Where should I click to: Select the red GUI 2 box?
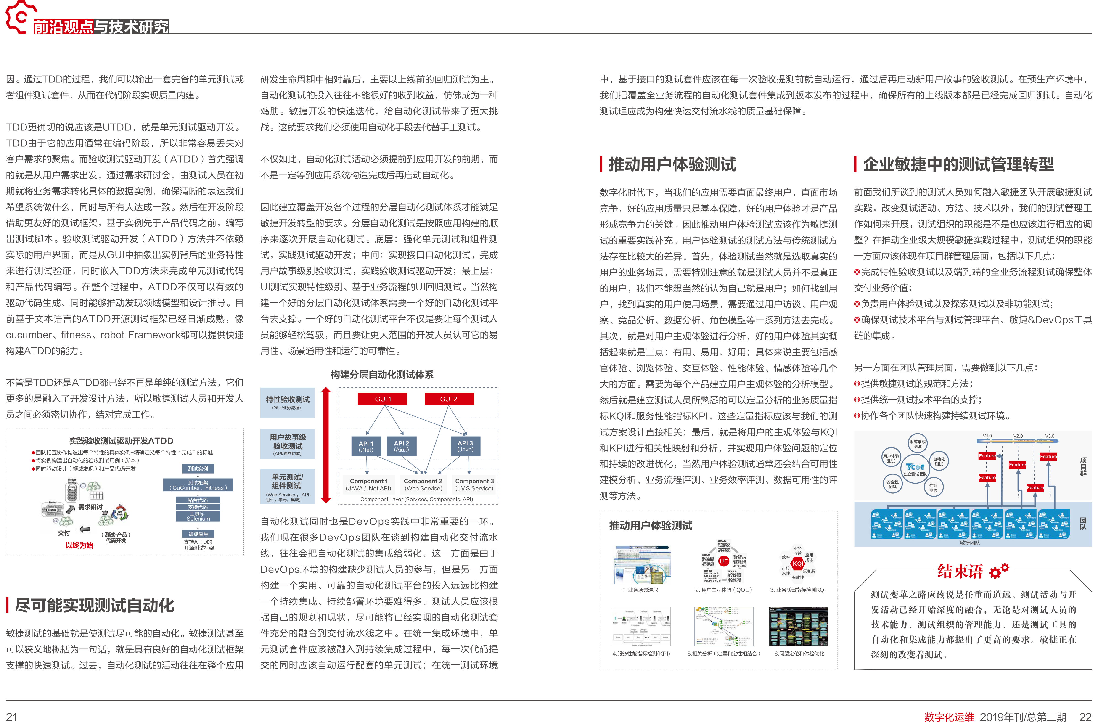pyautogui.click(x=448, y=399)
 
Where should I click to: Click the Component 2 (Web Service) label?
pyautogui.click(x=423, y=484)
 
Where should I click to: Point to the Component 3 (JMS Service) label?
pyautogui.click(x=474, y=484)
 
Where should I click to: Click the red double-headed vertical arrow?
pyautogui.click(x=326, y=445)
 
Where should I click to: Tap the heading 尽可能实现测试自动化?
pyautogui.click(x=94, y=605)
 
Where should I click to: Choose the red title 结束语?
pyautogui.click(x=960, y=572)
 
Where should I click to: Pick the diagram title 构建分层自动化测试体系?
pyautogui.click(x=382, y=375)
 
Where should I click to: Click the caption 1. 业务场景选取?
pyautogui.click(x=640, y=590)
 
